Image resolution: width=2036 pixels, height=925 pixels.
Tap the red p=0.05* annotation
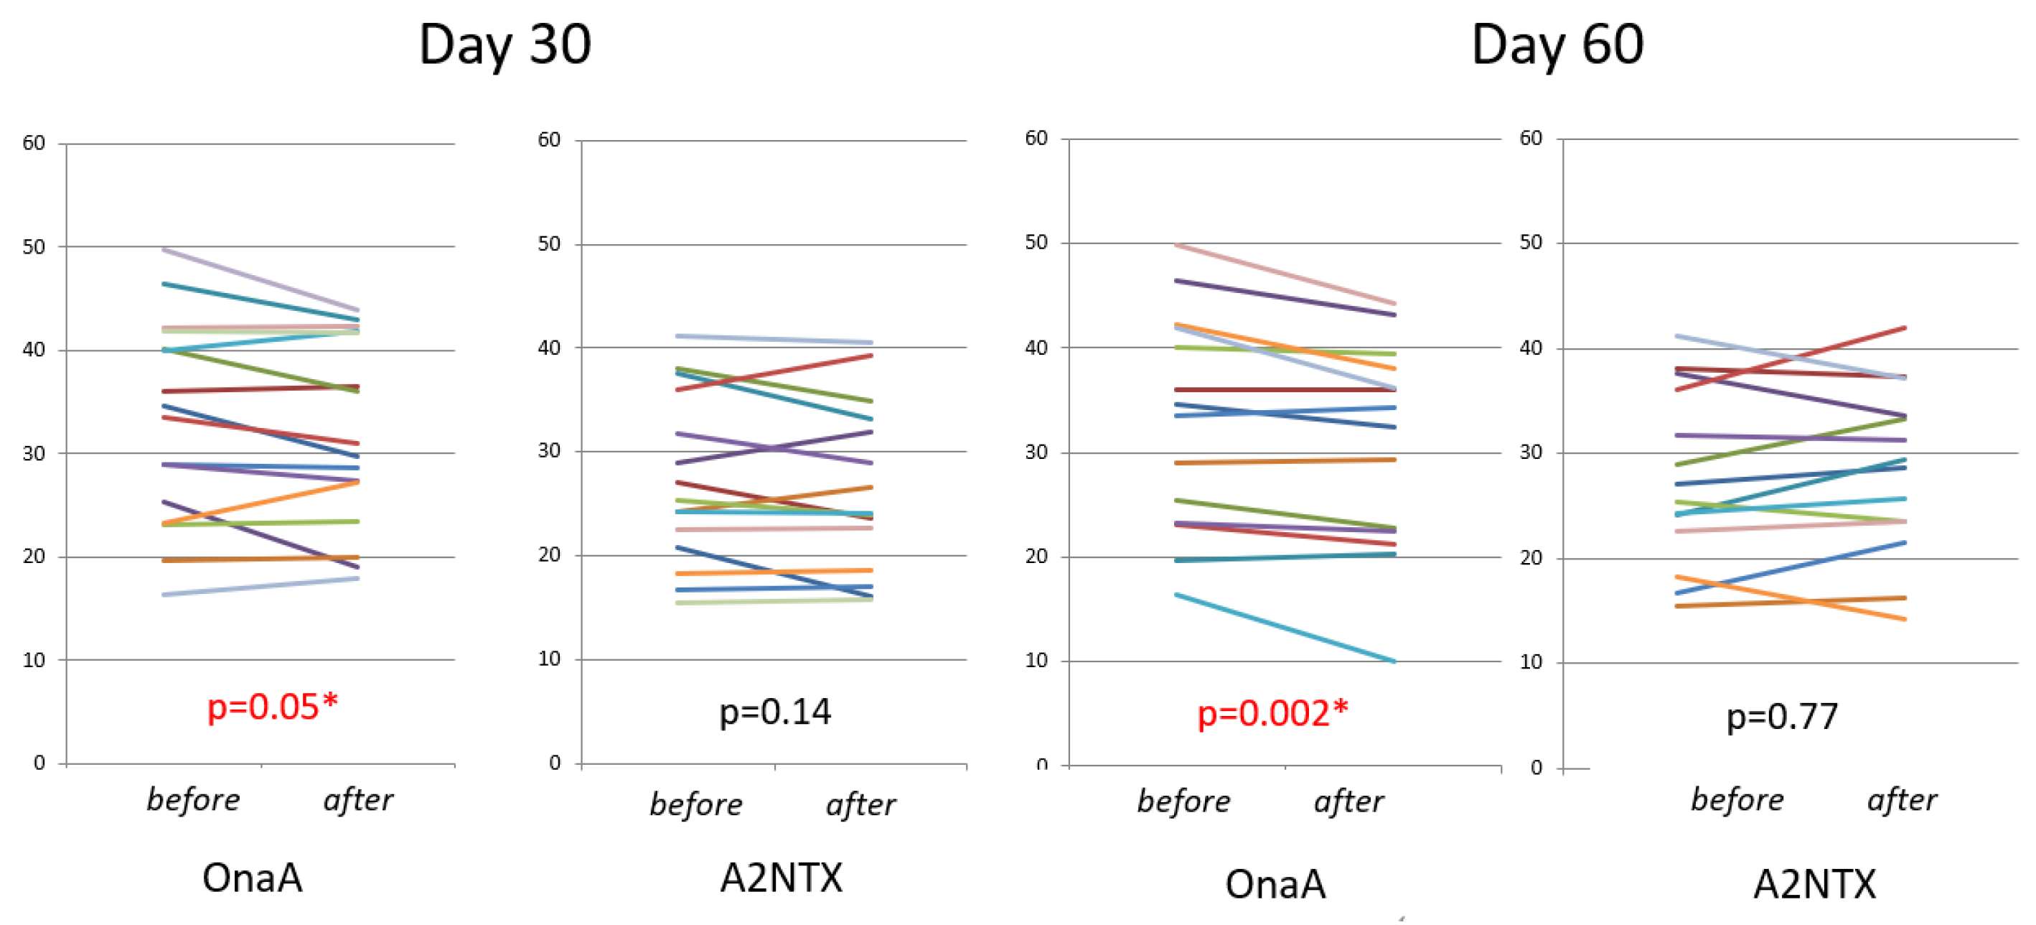272,706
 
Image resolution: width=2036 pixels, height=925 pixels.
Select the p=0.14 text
774,712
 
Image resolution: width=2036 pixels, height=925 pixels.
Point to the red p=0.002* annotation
1272,713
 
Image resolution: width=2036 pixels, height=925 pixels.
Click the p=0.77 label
1781,716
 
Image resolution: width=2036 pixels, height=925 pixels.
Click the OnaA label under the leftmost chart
252,878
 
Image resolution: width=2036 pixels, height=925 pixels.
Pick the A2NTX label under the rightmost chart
1814,884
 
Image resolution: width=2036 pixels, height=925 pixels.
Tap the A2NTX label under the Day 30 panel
781,878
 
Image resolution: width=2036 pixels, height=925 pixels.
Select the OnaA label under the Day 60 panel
1275,884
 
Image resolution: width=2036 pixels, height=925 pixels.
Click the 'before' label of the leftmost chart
194,800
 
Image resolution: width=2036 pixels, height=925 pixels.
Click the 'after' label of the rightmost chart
1902,800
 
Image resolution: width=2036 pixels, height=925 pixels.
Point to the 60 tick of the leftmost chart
34,143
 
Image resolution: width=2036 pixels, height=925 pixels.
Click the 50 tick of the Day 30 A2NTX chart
548,243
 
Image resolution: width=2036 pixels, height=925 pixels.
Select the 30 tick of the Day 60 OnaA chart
1036,452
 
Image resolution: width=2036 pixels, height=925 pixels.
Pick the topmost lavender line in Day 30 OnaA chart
261,280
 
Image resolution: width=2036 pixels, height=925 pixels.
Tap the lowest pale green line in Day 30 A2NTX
774,602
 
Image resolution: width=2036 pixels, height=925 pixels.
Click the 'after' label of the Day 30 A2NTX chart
860,805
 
